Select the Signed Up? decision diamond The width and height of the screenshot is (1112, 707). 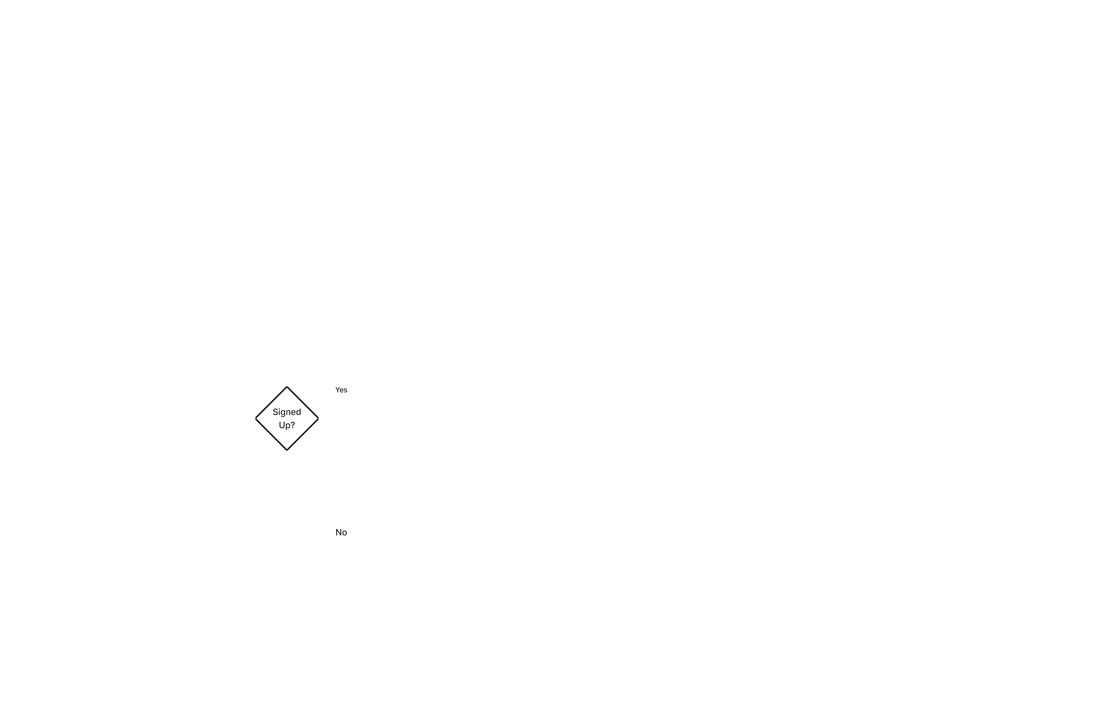coord(287,418)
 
